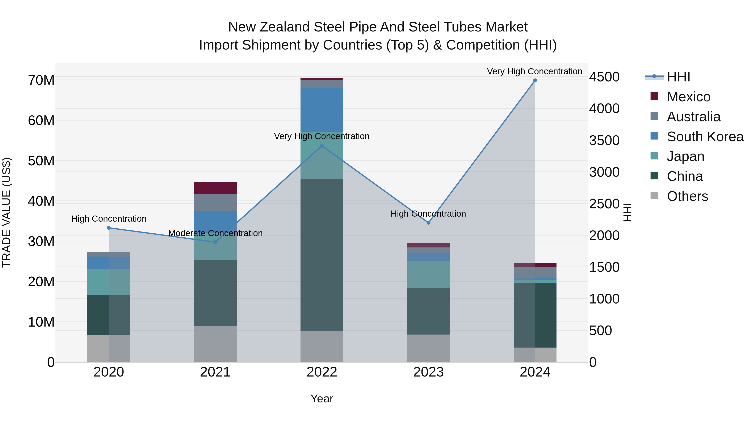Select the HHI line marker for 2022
[322, 146]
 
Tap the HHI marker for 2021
[215, 242]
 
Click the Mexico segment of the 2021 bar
[215, 188]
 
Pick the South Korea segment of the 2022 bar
[322, 110]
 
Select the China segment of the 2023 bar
[428, 311]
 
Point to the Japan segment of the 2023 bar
[428, 275]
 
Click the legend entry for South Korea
[705, 137]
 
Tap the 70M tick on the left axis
[41, 80]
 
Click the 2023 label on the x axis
[428, 372]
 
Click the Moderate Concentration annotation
[215, 233]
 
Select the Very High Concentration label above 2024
[534, 71]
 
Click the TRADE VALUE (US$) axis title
[7, 212]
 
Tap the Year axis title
[322, 399]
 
